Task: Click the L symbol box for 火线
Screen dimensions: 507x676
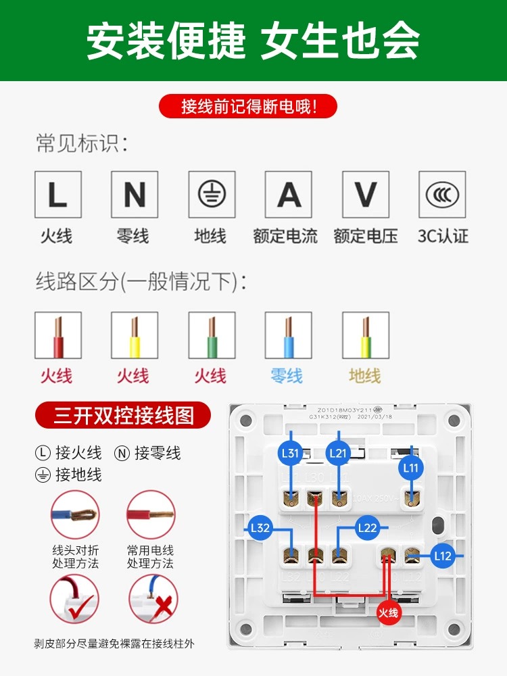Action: tap(58, 195)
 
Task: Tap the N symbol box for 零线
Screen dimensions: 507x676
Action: tap(135, 195)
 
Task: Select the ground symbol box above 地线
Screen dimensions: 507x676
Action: tap(212, 195)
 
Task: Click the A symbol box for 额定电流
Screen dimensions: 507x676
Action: tap(289, 195)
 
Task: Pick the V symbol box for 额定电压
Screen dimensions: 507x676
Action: tap(366, 195)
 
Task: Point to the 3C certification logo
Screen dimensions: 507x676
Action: tap(442, 195)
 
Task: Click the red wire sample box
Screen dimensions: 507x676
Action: tap(58, 335)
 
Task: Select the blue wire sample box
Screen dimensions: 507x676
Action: tap(289, 335)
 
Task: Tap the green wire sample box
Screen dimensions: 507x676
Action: tap(212, 335)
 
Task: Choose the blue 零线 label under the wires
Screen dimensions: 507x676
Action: tap(287, 375)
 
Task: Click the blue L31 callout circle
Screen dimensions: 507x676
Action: tap(290, 454)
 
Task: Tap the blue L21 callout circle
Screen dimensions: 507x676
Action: tap(338, 454)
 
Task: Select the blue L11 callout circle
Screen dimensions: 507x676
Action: tap(411, 467)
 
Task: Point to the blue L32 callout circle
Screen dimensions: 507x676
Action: tap(260, 529)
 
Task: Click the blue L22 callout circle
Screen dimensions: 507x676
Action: tap(367, 527)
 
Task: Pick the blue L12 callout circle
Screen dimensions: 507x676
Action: tap(442, 556)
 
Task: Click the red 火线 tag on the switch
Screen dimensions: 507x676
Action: tap(389, 613)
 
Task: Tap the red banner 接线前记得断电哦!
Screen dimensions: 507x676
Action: tap(248, 106)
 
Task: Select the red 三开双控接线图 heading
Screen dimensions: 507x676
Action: tap(123, 415)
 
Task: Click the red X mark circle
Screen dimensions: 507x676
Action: tap(153, 600)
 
